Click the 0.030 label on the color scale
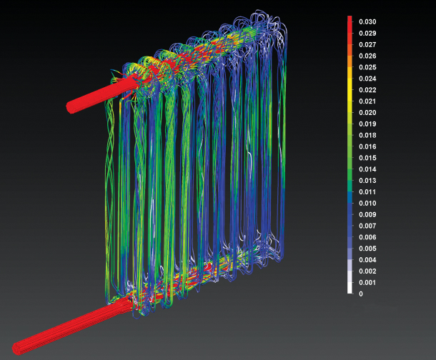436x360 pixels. coord(367,21)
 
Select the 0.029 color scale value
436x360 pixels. coord(367,33)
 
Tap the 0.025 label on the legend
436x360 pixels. coord(367,67)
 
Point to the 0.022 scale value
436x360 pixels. coord(367,90)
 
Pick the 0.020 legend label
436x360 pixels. coord(367,113)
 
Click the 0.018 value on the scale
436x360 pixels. coord(367,135)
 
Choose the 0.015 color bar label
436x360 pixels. coord(367,158)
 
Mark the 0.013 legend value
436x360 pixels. coord(367,181)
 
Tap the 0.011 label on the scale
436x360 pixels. coord(367,192)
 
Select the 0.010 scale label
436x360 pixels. coord(367,204)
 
